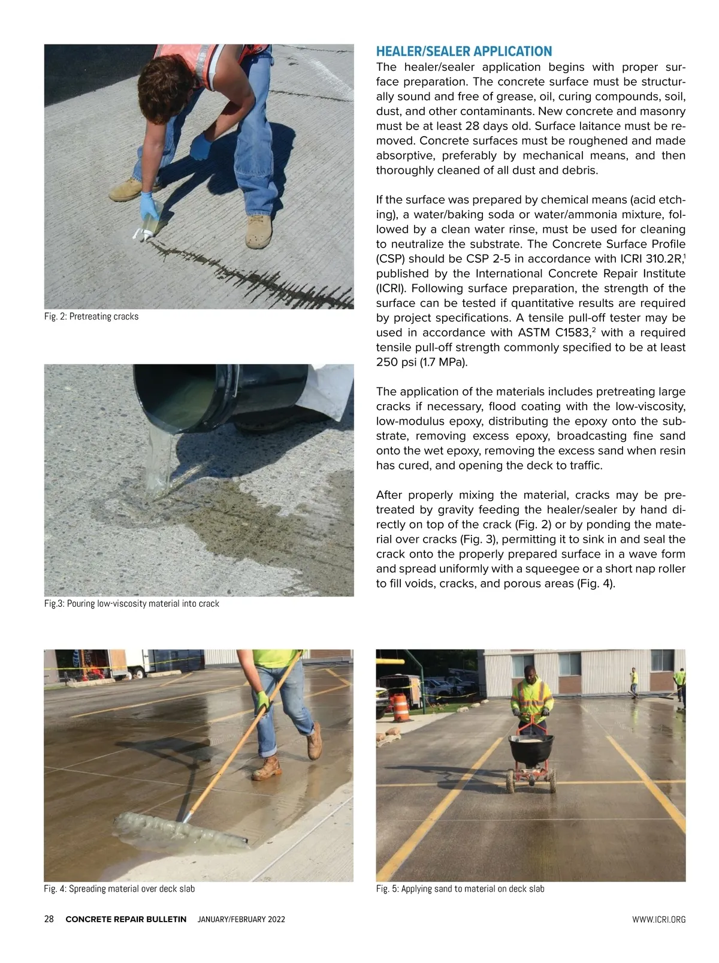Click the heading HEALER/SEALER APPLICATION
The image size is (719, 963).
coord(464,52)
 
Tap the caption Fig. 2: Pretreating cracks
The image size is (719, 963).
coord(91,317)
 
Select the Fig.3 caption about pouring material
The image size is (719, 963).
coord(131,604)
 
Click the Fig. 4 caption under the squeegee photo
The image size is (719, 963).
coord(119,889)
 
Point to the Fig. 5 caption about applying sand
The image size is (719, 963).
coord(460,889)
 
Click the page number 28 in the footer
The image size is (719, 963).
coord(49,919)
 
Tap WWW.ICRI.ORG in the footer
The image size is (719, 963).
coord(658,920)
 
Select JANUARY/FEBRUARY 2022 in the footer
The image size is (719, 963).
coord(241,920)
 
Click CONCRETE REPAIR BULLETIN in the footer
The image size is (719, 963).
coord(126,920)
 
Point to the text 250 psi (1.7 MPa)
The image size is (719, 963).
coord(421,363)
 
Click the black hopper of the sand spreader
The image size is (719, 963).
coord(530,750)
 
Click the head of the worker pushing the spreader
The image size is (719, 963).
coord(530,673)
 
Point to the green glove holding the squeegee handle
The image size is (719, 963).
coord(262,700)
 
